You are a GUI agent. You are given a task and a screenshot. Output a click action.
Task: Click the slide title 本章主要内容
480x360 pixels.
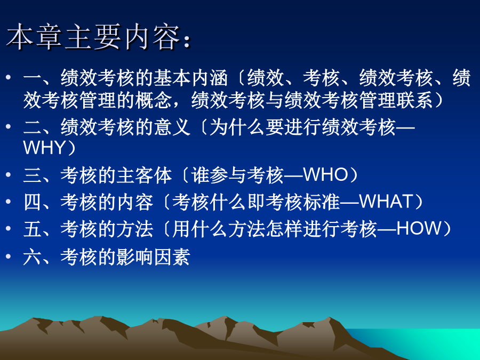pos(93,37)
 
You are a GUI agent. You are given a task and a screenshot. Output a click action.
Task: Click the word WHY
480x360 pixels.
pos(44,148)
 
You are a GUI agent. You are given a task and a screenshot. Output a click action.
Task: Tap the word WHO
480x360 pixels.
pos(325,175)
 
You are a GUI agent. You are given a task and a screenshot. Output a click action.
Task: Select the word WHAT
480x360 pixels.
pos(386,202)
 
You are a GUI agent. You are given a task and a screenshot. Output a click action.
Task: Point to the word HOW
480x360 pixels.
pos(419,228)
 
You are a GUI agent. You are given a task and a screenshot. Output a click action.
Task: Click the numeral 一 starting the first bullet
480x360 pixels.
pos(33,77)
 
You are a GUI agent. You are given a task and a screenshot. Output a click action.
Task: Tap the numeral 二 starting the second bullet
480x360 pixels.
pos(33,127)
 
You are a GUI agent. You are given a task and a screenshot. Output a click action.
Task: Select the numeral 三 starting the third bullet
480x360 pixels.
pos(33,175)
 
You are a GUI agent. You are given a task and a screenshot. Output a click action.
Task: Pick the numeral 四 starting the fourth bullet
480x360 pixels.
pos(33,202)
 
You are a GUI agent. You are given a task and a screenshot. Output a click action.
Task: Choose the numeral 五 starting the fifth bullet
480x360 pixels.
pos(33,229)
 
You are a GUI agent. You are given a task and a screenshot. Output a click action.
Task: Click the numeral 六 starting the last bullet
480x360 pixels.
pos(33,257)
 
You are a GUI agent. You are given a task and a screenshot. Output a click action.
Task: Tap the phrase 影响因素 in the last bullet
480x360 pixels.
pos(153,257)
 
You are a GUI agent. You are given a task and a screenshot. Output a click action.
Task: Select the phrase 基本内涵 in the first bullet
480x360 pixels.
pos(190,77)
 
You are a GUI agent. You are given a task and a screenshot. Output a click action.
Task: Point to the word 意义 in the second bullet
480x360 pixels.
pos(172,127)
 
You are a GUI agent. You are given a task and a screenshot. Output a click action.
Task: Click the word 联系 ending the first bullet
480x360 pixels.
pos(415,100)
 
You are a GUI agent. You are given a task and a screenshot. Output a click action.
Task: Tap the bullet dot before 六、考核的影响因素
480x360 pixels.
pos(8,256)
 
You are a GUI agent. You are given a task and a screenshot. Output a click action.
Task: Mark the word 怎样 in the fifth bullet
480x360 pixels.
pos(284,229)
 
